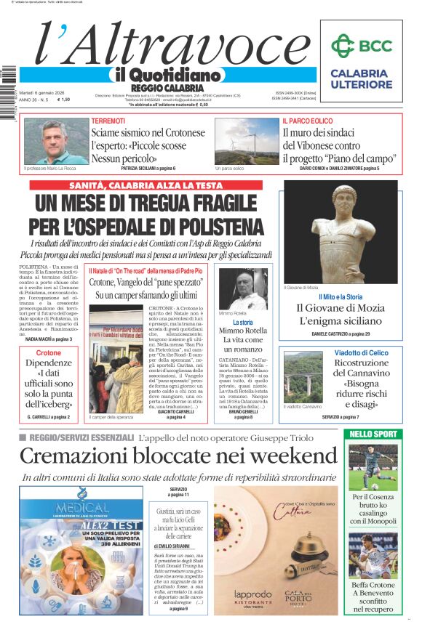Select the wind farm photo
click(246, 142)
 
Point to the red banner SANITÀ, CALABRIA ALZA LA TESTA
click(146, 185)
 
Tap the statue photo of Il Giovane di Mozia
click(341, 237)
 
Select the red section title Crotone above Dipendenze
click(49, 353)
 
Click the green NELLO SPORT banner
click(372, 434)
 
